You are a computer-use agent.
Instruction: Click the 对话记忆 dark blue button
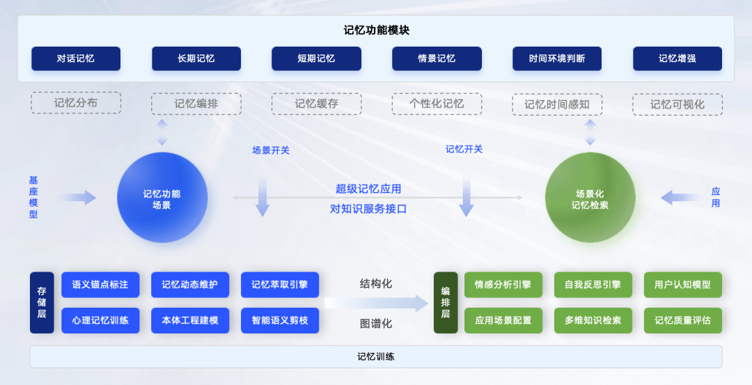76,58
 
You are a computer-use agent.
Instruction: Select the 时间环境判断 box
557,58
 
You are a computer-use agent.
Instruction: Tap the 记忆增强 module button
677,58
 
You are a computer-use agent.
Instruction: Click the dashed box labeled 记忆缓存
317,104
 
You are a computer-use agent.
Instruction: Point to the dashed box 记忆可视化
677,104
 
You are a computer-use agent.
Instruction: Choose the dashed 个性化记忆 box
437,104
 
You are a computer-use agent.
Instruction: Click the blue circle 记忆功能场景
162,198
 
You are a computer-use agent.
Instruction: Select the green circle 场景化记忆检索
590,198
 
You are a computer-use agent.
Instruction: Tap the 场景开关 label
271,150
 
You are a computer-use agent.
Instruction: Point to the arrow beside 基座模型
79,197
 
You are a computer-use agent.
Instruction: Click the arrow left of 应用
679,197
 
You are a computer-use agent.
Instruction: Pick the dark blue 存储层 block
42,303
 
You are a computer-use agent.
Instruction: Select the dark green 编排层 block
446,303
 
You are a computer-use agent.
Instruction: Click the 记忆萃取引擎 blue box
280,285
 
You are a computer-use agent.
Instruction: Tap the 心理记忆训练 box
100,320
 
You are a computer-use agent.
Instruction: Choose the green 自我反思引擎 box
593,285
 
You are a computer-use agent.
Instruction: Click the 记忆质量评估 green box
683,320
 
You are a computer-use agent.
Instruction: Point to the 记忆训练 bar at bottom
376,356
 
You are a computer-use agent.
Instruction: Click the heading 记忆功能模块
377,30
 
